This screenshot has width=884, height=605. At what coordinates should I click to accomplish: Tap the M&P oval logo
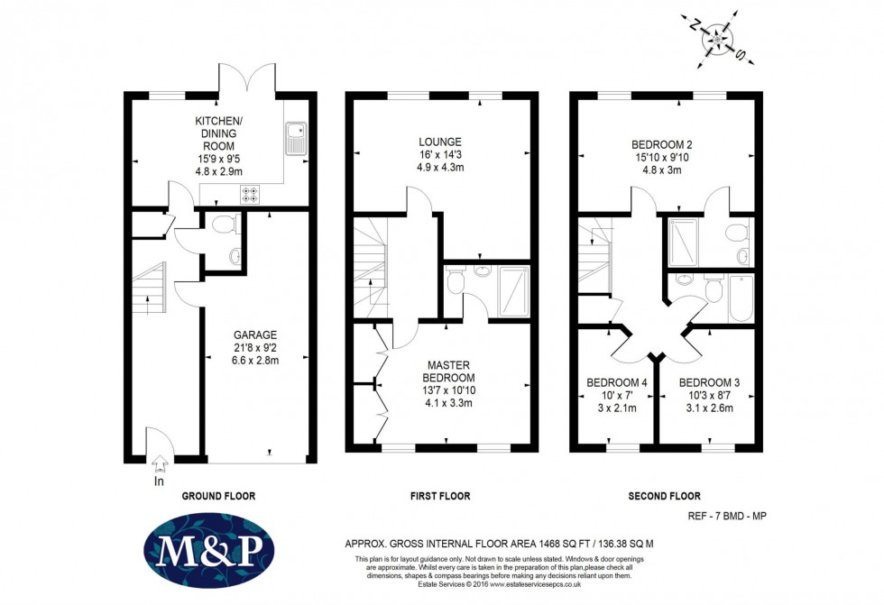(208, 550)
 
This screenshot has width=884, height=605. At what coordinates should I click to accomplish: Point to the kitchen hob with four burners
(250, 194)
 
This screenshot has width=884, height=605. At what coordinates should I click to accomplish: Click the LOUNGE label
(440, 142)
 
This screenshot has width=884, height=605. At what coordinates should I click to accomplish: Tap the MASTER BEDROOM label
(447, 371)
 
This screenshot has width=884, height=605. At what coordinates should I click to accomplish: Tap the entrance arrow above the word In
(161, 464)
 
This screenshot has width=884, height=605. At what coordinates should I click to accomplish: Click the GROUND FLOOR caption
(218, 496)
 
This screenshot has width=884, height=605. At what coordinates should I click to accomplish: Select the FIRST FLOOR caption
(439, 496)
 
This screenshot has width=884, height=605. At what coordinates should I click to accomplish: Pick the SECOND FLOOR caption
(664, 496)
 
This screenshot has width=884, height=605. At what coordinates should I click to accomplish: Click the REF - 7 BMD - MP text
(722, 517)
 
